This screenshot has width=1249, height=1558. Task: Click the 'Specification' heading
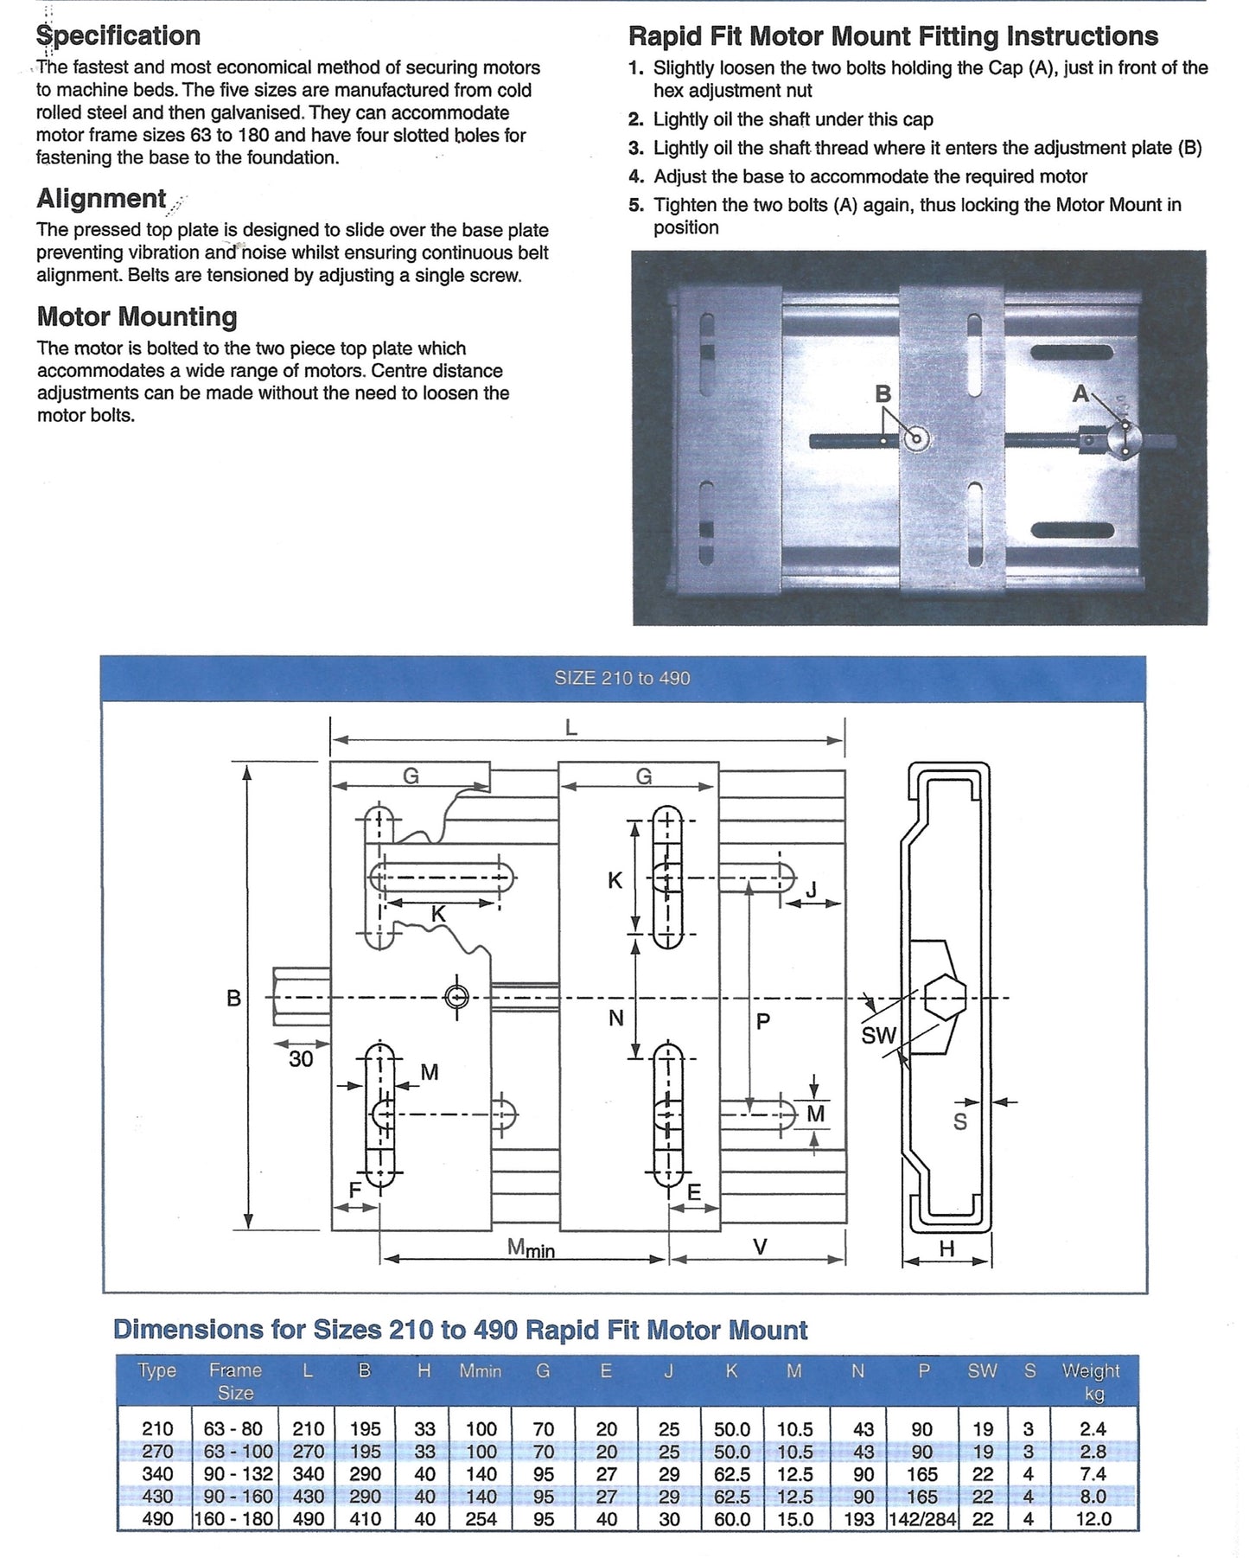click(118, 36)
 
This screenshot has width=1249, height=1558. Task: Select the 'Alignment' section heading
click(101, 199)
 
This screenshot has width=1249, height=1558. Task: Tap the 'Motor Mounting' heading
click(137, 316)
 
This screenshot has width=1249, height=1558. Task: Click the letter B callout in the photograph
click(883, 394)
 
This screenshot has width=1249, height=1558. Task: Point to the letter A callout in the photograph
click(1080, 394)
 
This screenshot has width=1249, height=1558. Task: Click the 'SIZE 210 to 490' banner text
click(622, 679)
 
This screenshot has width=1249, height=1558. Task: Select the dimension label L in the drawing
click(571, 728)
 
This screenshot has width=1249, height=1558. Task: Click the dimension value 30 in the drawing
click(301, 1058)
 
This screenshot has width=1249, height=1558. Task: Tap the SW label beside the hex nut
click(879, 1035)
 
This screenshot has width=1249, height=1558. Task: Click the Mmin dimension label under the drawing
click(531, 1248)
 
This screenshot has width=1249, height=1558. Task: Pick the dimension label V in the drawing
click(760, 1247)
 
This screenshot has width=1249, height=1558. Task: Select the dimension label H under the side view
click(946, 1248)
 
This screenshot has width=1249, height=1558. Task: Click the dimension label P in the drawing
click(762, 1021)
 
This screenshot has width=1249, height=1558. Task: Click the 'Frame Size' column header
click(235, 1382)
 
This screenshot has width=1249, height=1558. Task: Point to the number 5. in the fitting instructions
click(637, 206)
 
